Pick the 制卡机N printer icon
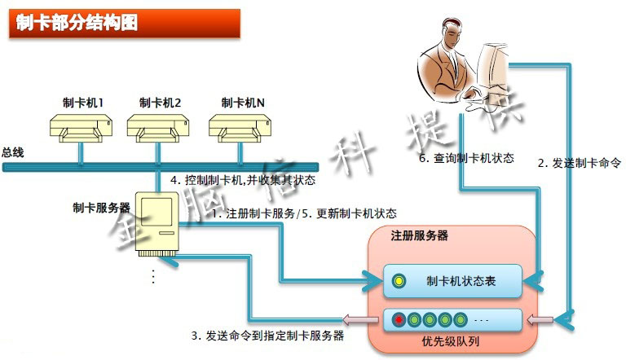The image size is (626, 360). point(240,126)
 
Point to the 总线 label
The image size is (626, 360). point(13,152)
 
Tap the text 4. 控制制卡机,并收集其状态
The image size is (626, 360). point(243,180)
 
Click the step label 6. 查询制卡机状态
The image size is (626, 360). point(466,158)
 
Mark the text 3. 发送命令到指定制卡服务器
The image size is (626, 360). point(267,335)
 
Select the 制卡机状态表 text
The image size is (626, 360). point(461,282)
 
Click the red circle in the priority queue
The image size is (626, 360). point(399,318)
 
